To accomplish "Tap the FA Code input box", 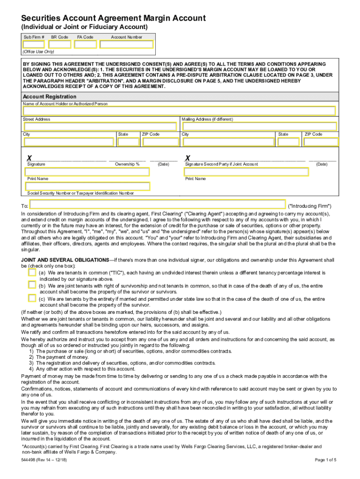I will tap(86, 44).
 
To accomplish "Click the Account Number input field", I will tap(126, 44).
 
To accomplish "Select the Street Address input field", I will tap(101, 126).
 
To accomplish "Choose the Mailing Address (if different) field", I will tap(259, 126).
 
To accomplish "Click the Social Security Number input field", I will tap(88, 186).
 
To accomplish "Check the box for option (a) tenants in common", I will tap(32, 272).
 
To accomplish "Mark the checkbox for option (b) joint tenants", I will tap(32, 284).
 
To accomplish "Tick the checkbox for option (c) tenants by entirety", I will tap(32, 298).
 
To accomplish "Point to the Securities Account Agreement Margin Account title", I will tap(110, 18).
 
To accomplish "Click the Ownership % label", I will tap(127, 164).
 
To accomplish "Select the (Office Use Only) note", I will tap(38, 51).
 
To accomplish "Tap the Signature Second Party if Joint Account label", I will tap(221, 164).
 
